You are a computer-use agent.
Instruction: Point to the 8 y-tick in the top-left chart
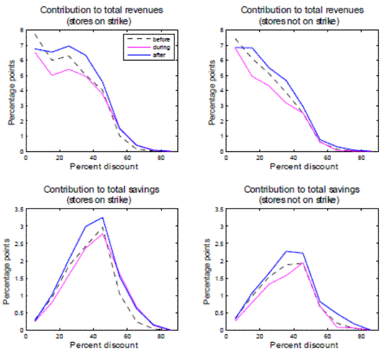tap(22, 30)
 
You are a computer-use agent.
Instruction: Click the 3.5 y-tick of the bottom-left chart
tap(19, 209)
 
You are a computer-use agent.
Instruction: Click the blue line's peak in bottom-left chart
tap(102, 217)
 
